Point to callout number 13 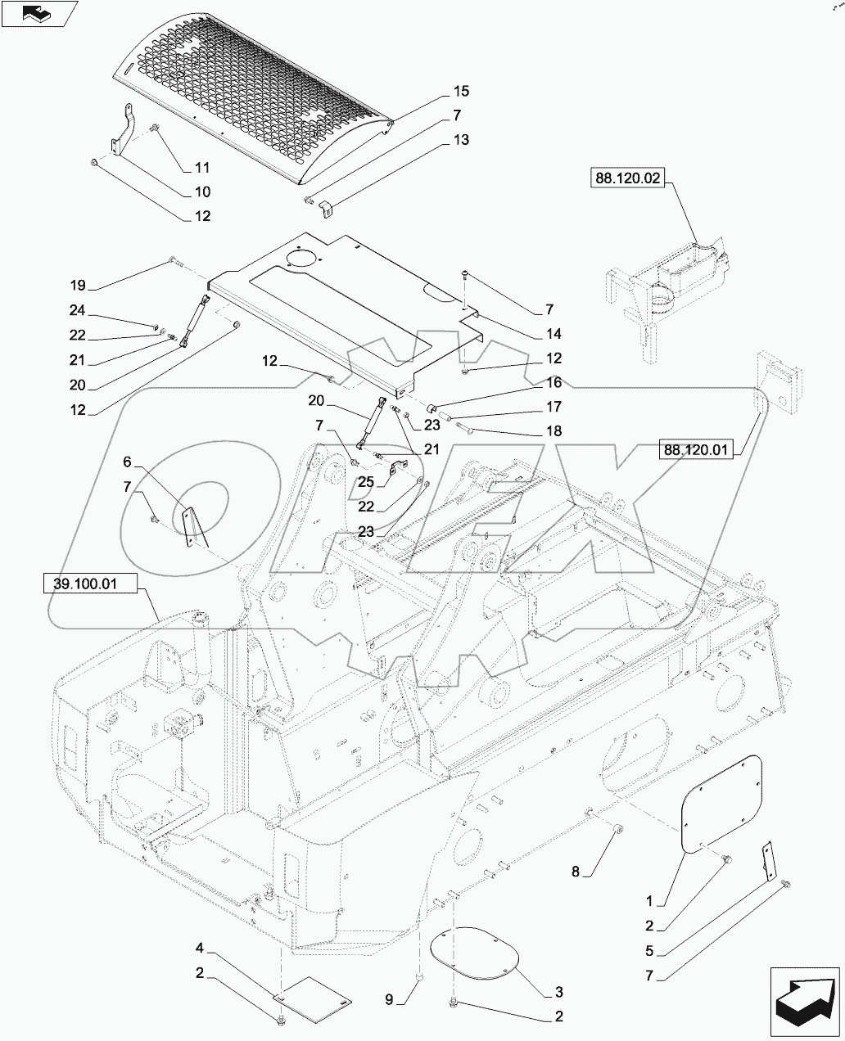461,140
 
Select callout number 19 78,286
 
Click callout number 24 78,311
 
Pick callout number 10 201,192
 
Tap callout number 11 201,168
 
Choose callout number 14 554,334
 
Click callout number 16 554,382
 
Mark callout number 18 554,431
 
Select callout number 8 576,872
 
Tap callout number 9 390,999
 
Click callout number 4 199,949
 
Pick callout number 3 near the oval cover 558,993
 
